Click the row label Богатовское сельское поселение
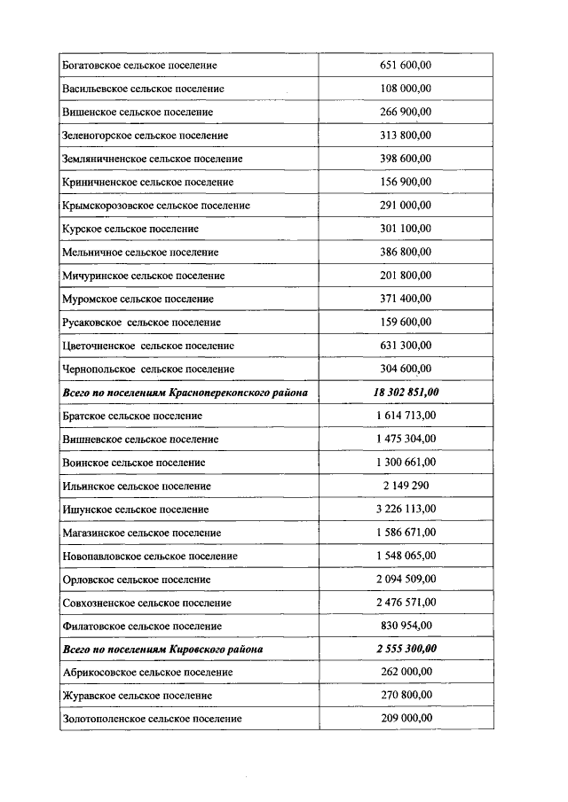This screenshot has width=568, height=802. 139,66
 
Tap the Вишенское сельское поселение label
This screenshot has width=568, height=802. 138,113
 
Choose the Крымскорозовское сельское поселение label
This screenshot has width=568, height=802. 156,206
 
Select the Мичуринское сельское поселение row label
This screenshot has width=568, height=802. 143,276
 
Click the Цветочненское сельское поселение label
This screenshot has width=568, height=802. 148,346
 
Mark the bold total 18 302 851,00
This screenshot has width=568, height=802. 406,392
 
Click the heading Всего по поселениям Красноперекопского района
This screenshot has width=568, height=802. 185,392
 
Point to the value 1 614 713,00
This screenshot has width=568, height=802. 406,416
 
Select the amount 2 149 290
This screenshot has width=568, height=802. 406,486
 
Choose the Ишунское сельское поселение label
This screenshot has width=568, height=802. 136,510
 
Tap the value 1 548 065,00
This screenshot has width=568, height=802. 406,556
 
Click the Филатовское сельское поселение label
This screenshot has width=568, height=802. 141,626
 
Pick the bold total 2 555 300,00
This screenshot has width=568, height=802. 406,649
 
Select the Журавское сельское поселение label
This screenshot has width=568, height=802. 138,696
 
